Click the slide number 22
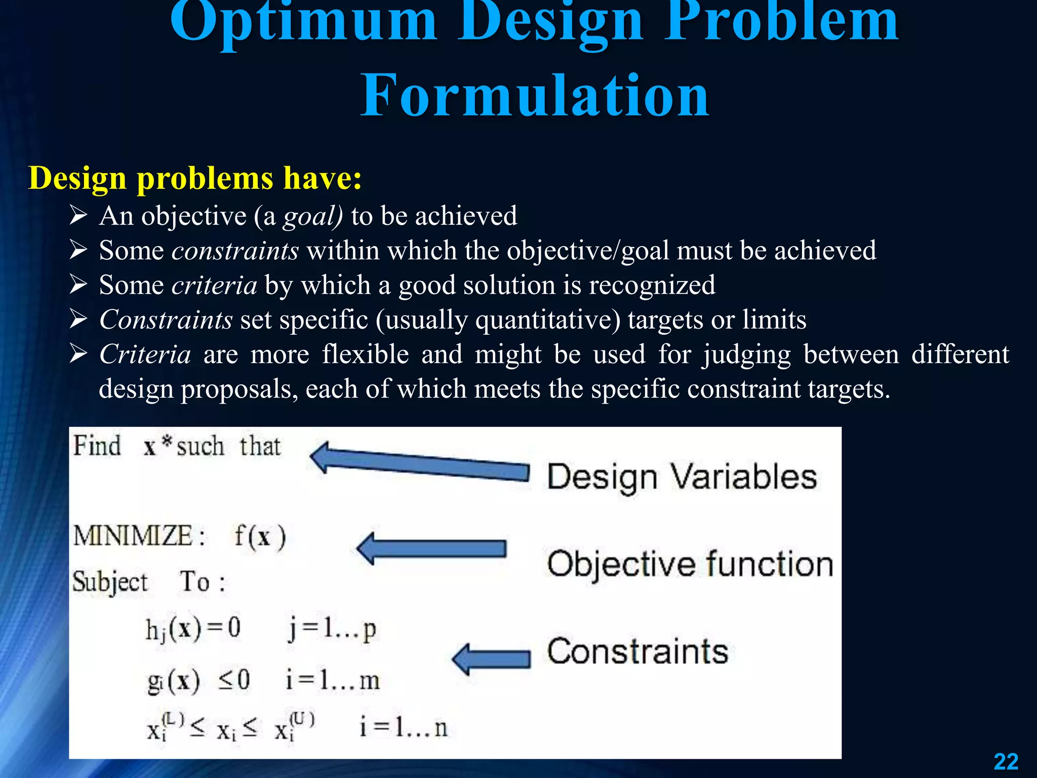[x=1006, y=761]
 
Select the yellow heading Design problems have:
[x=195, y=178]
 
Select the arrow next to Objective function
[x=431, y=549]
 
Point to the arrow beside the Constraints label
[x=491, y=659]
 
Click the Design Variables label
[x=682, y=477]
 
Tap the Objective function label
[x=690, y=564]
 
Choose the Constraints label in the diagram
[x=637, y=651]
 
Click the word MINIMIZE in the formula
[x=133, y=536]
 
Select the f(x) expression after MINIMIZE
[x=260, y=536]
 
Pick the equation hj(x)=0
[x=193, y=630]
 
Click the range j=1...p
[x=332, y=630]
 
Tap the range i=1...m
[x=332, y=680]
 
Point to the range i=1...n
[x=404, y=727]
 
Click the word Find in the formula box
[x=97, y=446]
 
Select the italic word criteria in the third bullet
[x=214, y=285]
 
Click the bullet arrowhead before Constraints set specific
[x=78, y=320]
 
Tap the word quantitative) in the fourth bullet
[x=548, y=320]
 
